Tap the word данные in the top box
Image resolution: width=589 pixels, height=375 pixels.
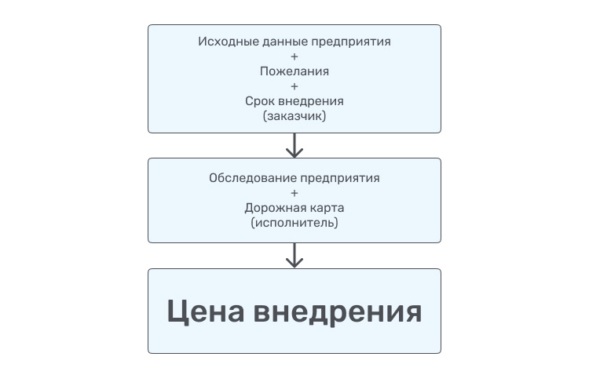click(x=276, y=40)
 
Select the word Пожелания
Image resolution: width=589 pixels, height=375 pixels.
click(x=294, y=71)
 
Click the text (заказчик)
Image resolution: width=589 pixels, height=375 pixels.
click(x=294, y=116)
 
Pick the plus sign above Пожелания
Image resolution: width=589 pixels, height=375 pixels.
click(x=294, y=56)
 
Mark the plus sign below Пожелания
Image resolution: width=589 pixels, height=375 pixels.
click(x=294, y=86)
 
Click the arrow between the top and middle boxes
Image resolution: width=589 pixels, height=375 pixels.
click(x=294, y=145)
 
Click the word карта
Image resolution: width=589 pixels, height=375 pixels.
click(x=324, y=208)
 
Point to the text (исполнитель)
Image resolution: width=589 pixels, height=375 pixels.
click(x=294, y=223)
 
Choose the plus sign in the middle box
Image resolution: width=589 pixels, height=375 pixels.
click(x=294, y=193)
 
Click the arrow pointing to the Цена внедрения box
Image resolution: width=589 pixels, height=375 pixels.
click(x=294, y=255)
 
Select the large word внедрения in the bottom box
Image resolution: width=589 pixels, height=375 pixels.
click(x=339, y=311)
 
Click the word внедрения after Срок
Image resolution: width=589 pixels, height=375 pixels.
click(x=309, y=101)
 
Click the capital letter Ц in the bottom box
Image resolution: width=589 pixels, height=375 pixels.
click(x=180, y=311)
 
